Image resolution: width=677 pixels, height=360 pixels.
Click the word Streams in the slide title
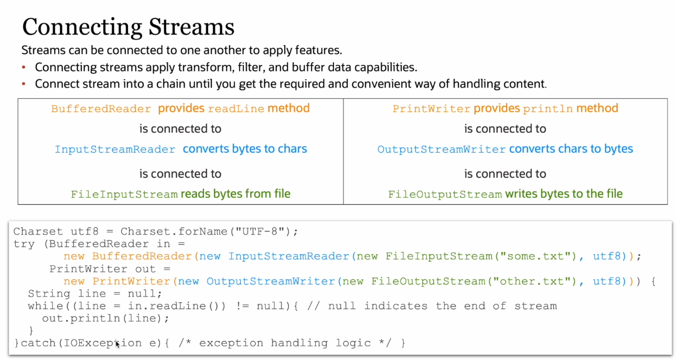pyautogui.click(x=191, y=27)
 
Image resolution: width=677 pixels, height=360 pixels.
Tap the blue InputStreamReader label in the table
pyautogui.click(x=115, y=150)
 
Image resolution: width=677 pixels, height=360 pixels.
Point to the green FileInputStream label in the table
pyautogui.click(x=124, y=194)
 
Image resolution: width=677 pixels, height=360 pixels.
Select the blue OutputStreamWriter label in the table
pyautogui.click(x=441, y=150)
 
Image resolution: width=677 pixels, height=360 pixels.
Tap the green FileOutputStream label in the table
pyautogui.click(x=445, y=194)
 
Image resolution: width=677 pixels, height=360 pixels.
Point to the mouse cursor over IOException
pyautogui.click(x=117, y=344)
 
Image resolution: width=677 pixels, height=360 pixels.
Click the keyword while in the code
pyautogui.click(x=45, y=306)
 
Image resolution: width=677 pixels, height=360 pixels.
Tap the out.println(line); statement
pyautogui.click(x=105, y=319)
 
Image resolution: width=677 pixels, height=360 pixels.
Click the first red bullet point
pyautogui.click(x=24, y=67)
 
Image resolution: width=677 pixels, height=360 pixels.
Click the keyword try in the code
pyautogui.click(x=24, y=245)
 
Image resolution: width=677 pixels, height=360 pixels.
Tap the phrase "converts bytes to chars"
pyautogui.click(x=245, y=149)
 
